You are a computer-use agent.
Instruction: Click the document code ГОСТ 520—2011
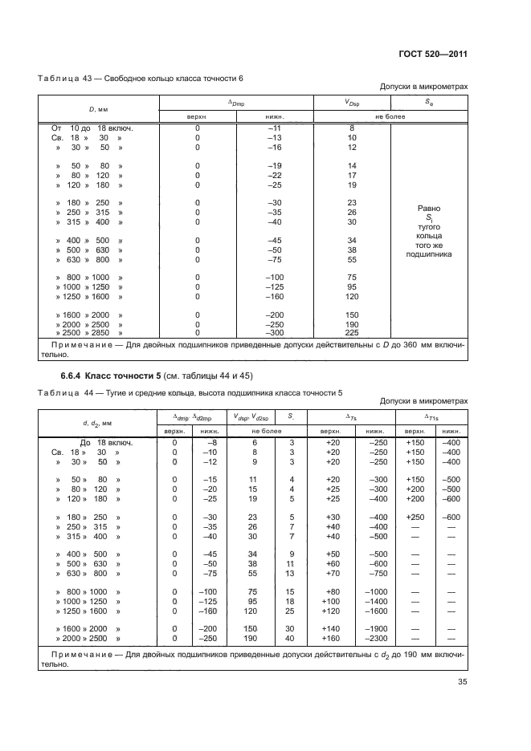click(433, 54)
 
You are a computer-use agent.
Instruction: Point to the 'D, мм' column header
click(99, 108)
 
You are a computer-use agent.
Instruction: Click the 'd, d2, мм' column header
click(99, 422)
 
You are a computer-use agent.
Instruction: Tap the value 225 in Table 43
click(351, 332)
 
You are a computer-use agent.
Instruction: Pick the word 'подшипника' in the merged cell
click(428, 254)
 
